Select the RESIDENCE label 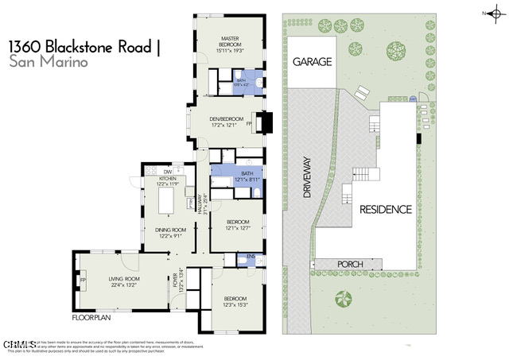385,210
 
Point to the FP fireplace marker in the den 250,124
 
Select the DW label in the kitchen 168,172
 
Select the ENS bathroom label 251,257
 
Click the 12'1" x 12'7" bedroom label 238,228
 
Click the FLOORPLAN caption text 90,317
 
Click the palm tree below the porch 344,299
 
